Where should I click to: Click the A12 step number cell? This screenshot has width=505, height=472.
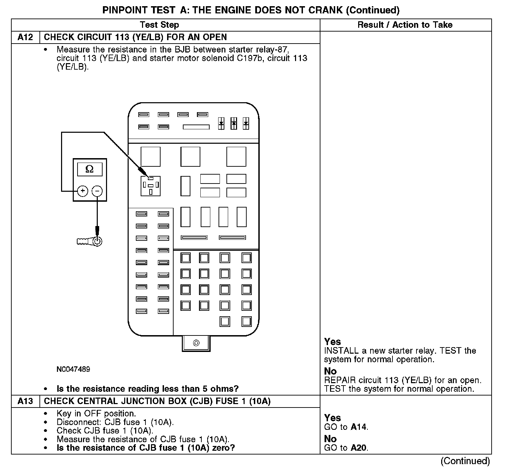pyautogui.click(x=25, y=37)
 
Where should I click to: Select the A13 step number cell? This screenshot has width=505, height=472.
pyautogui.click(x=25, y=401)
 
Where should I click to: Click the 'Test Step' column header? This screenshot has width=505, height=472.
pyautogui.click(x=159, y=25)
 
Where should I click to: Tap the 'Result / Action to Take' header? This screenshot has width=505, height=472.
pyautogui.click(x=405, y=25)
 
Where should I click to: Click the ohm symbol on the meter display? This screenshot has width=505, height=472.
pyautogui.click(x=90, y=169)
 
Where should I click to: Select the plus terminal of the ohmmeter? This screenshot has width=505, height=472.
pyautogui.click(x=83, y=191)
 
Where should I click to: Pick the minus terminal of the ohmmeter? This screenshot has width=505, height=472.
pyautogui.click(x=97, y=191)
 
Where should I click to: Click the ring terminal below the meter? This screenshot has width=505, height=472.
pyautogui.click(x=97, y=241)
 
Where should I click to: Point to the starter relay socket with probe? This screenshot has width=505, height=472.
pyautogui.click(x=150, y=186)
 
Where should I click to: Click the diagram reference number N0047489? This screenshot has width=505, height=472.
pyautogui.click(x=73, y=369)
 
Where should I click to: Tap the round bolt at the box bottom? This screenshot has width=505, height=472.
pyautogui.click(x=196, y=343)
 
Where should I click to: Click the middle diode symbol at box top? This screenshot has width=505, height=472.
pyautogui.click(x=234, y=123)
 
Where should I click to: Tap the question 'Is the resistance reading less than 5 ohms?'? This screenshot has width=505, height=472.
pyautogui.click(x=148, y=389)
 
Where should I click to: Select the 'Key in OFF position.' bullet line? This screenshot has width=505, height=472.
pyautogui.click(x=96, y=413)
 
